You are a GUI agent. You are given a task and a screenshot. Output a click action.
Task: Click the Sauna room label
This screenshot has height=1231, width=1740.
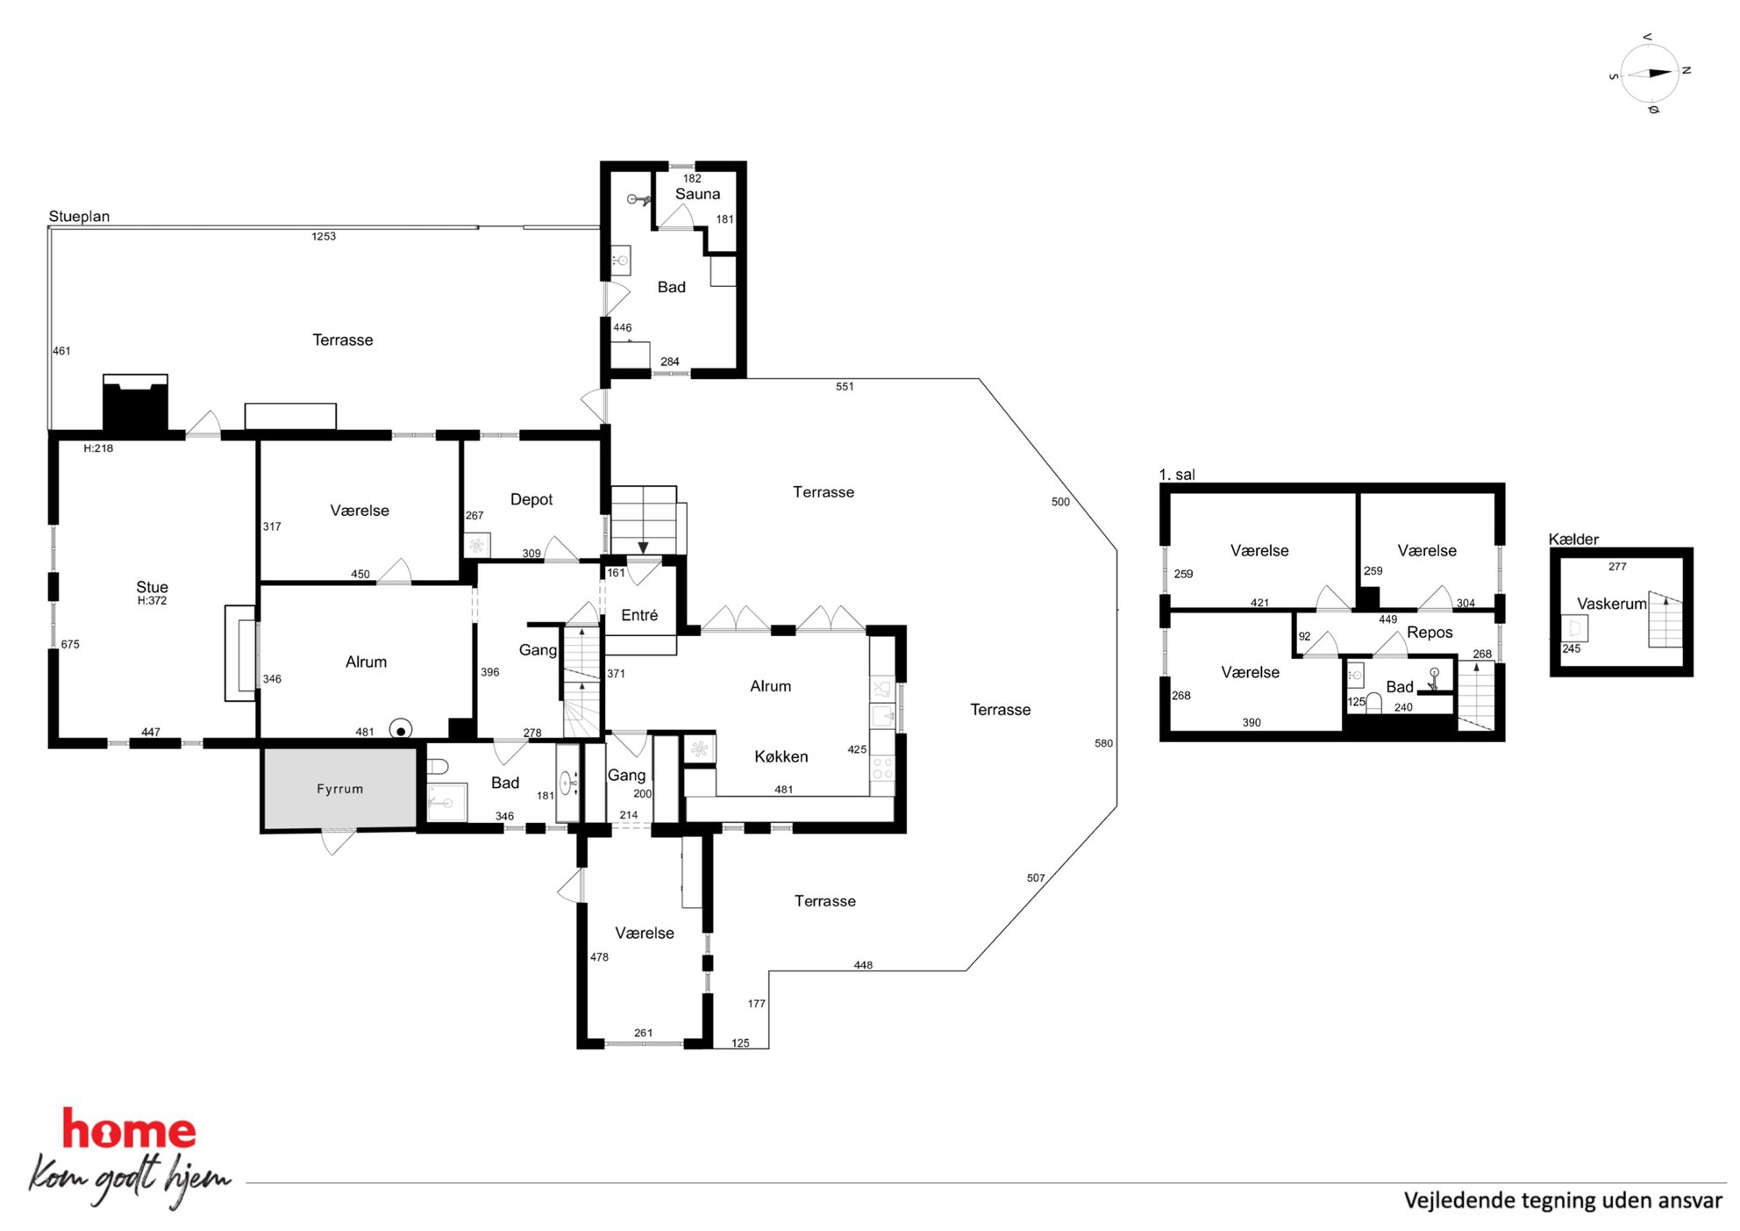click(x=697, y=194)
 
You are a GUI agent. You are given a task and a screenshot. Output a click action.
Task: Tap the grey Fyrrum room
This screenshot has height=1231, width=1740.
click(x=339, y=787)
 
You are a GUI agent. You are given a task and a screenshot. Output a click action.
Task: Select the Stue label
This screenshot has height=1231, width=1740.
click(x=152, y=587)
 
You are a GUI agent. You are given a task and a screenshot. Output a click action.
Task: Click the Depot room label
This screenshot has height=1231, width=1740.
click(x=531, y=499)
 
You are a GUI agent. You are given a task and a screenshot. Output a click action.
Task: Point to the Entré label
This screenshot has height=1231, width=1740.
click(x=639, y=615)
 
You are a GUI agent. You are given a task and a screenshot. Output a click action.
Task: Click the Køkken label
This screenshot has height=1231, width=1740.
click(x=781, y=756)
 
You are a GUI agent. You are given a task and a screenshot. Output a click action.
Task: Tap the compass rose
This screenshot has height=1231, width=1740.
click(x=1650, y=74)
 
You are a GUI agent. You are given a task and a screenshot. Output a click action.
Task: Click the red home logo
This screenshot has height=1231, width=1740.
click(x=129, y=1130)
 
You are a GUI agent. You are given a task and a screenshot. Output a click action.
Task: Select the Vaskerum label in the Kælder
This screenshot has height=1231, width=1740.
click(x=1612, y=604)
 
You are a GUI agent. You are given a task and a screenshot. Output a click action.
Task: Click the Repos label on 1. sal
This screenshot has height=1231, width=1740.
click(x=1430, y=633)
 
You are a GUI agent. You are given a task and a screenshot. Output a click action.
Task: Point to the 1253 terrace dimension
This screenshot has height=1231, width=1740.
click(x=324, y=236)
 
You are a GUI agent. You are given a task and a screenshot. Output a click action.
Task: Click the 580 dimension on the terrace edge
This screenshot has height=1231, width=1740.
click(x=1103, y=743)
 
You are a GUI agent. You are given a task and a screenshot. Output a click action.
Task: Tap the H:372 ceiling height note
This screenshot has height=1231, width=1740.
click(x=152, y=601)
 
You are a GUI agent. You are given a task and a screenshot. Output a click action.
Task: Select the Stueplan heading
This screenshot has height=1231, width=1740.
click(x=79, y=216)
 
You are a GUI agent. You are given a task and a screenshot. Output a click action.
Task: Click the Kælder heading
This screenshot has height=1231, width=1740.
click(x=1573, y=539)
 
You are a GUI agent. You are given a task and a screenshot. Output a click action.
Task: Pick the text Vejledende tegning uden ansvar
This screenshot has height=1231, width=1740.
click(x=1563, y=1200)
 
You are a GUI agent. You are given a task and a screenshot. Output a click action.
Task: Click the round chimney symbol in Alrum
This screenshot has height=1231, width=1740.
click(x=401, y=730)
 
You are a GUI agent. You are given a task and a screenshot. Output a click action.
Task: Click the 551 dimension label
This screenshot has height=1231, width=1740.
click(x=845, y=386)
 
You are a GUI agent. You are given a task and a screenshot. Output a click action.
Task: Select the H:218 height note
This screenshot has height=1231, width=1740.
click(x=98, y=448)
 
